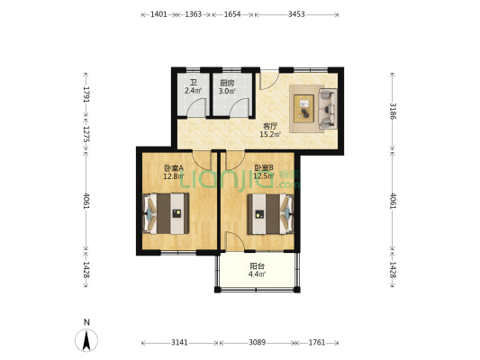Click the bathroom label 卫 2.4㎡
click(193, 87)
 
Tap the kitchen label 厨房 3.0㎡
click(227, 87)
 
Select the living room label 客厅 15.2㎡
click(269, 130)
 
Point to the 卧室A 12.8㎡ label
click(174, 172)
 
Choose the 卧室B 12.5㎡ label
click(264, 172)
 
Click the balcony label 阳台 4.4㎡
click(257, 269)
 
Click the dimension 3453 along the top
click(298, 15)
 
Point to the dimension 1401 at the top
click(158, 15)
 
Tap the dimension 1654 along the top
click(232, 15)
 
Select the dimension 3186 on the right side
click(393, 112)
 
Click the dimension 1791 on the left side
click(87, 94)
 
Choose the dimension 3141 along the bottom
click(179, 343)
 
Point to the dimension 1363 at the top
click(193, 15)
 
